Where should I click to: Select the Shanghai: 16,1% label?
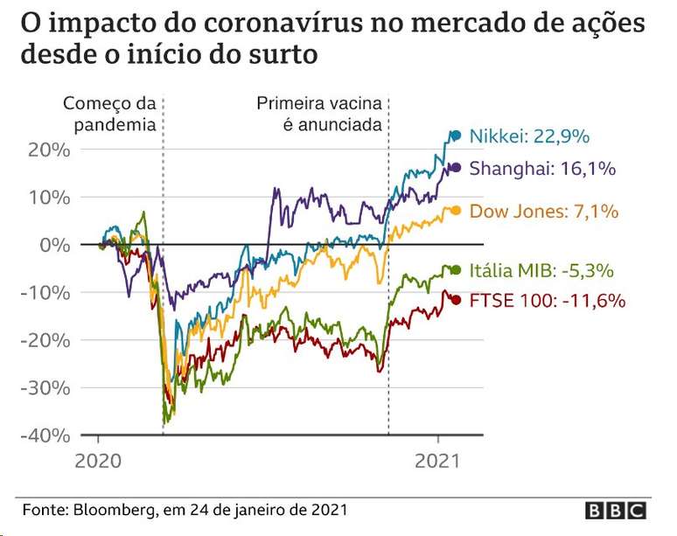point(542,168)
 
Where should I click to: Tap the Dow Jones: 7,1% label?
point(544,211)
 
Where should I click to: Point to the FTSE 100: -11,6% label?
point(548,301)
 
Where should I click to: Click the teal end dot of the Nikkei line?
point(455,136)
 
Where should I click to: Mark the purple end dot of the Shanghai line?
point(455,167)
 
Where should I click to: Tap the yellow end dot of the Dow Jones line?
point(455,210)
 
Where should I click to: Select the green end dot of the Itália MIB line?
point(455,269)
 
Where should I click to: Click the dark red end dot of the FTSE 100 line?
point(455,301)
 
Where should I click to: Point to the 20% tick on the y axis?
point(48,150)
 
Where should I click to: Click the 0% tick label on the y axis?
point(53,245)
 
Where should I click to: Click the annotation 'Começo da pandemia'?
point(109,114)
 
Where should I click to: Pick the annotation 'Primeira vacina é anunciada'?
point(320,114)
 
